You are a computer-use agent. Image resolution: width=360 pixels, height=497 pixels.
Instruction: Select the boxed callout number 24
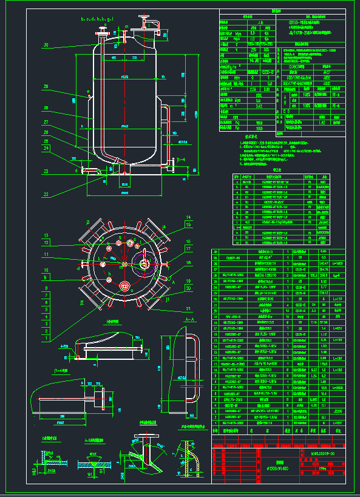click(47, 148)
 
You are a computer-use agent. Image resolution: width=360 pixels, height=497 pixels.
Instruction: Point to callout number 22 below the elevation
click(46, 195)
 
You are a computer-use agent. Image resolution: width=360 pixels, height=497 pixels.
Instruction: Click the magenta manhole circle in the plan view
click(144, 263)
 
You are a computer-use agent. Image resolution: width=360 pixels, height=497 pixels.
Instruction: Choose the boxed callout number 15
click(188, 225)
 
